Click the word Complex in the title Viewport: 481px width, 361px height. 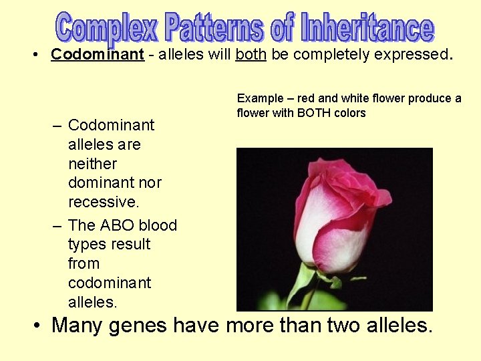107,28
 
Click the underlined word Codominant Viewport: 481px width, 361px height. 98,54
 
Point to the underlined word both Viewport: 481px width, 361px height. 251,54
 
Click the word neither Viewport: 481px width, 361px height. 92,164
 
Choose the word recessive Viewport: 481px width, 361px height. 104,202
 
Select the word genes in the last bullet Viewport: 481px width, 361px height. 138,326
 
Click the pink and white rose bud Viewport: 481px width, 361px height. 337,214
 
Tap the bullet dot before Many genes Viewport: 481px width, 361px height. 38,326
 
